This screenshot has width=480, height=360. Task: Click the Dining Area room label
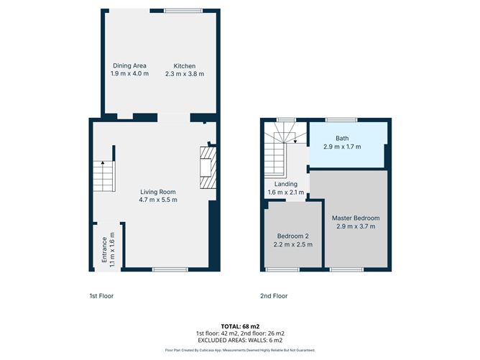tap(129, 65)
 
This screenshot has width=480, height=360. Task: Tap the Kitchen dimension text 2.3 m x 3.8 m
tap(185, 73)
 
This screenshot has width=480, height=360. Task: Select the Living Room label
tap(157, 191)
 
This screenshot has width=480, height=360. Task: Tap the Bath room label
tap(343, 138)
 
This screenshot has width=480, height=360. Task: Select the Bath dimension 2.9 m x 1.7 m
tap(343, 147)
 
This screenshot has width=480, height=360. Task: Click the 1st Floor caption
tap(101, 296)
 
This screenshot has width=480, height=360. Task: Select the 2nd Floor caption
tap(274, 296)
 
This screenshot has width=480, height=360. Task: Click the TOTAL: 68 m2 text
tap(240, 326)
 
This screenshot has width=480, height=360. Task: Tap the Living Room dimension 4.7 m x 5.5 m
tap(157, 200)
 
